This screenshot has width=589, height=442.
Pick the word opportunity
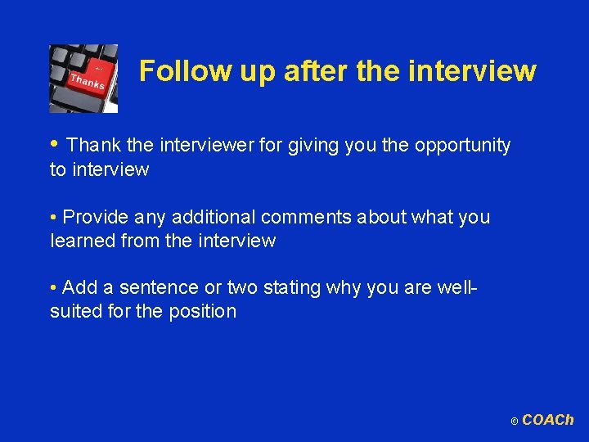[x=462, y=146]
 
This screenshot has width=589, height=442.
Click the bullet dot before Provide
[x=53, y=218]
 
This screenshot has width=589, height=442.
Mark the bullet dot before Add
[x=53, y=288]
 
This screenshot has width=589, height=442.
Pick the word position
[x=202, y=311]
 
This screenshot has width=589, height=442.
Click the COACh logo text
[x=548, y=420]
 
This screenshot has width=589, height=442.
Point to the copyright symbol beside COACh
[x=514, y=422]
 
